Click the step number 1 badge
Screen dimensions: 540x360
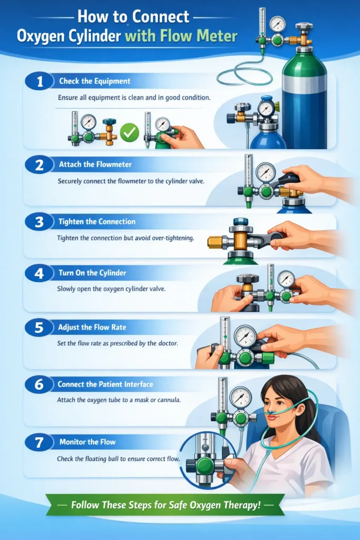[x=39, y=82]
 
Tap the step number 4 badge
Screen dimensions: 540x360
[x=39, y=274]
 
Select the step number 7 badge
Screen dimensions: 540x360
[x=39, y=442]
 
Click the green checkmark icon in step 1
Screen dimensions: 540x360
[x=128, y=132]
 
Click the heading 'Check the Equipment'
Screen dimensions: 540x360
[x=94, y=81]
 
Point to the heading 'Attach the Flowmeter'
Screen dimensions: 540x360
[x=95, y=165]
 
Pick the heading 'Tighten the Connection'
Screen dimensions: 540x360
[x=97, y=221]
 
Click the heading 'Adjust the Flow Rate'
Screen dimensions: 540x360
[x=92, y=327]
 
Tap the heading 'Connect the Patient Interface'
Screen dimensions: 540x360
[x=105, y=384]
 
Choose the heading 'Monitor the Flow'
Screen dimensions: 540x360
[x=87, y=442]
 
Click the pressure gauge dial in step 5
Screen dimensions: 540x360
[x=245, y=335]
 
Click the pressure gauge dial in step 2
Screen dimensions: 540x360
[x=265, y=172]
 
